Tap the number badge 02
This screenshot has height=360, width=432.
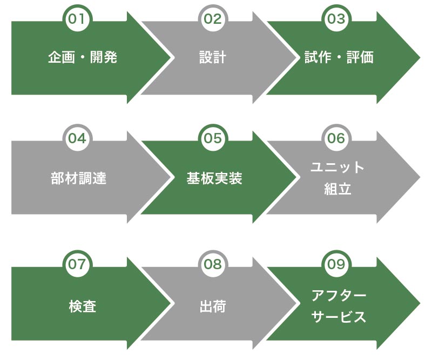click(x=213, y=19)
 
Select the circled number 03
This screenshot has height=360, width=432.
click(x=335, y=19)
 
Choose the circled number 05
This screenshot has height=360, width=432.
click(x=213, y=138)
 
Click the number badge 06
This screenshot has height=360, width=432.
click(x=335, y=138)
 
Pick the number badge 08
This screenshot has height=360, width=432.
click(x=213, y=264)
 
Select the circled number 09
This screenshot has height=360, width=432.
click(x=335, y=264)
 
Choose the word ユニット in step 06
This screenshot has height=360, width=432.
click(x=338, y=168)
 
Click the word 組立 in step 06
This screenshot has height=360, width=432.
click(x=338, y=189)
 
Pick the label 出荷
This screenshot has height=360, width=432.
click(x=212, y=307)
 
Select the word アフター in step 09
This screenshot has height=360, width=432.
click(x=339, y=296)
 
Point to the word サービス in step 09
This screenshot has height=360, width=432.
click(x=339, y=317)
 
